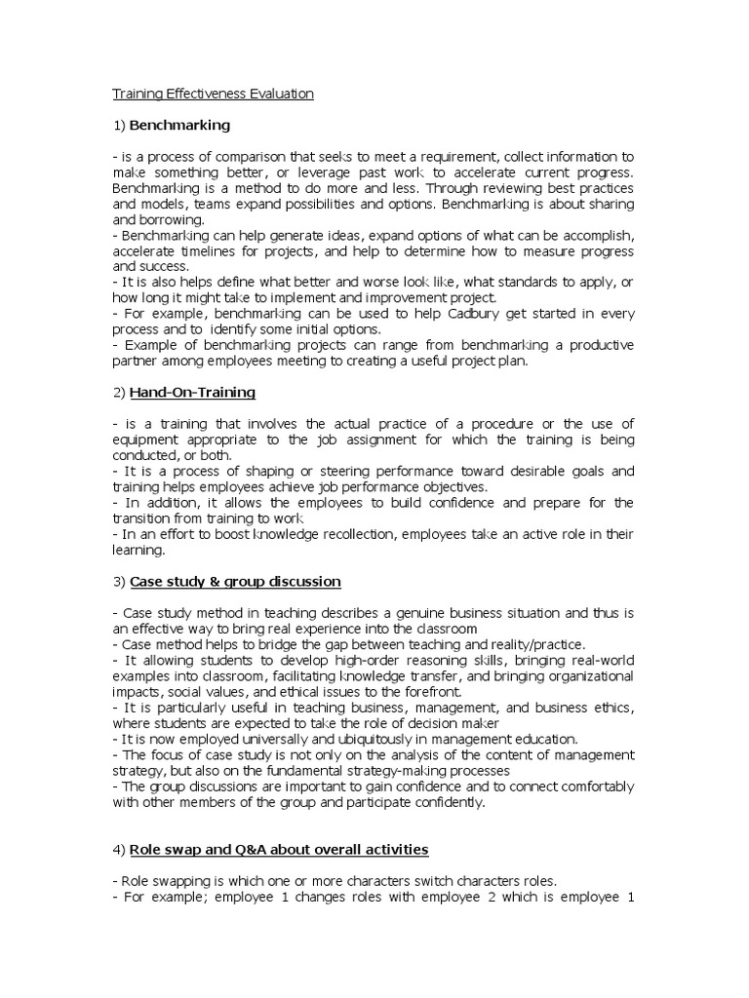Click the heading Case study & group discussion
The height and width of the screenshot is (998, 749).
[235, 582]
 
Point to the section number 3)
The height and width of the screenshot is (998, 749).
[120, 582]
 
